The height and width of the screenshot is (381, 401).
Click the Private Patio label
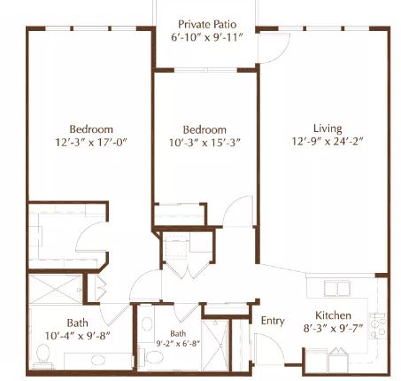[x=207, y=24]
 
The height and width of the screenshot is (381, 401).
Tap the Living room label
[x=328, y=128]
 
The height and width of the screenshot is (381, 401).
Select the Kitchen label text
[x=333, y=315]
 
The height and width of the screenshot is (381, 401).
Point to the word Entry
[x=273, y=321]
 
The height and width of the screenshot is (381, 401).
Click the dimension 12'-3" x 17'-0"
[x=91, y=143]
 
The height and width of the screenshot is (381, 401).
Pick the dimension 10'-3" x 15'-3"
[x=204, y=143]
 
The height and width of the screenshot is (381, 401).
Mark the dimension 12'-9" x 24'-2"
[x=328, y=142]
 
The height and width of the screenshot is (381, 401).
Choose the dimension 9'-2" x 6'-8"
[x=178, y=344]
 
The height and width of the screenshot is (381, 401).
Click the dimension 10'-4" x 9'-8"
[x=77, y=336]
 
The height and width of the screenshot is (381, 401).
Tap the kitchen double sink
[x=337, y=288]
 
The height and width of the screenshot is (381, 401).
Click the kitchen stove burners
[x=378, y=326]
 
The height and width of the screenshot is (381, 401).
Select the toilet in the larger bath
[x=43, y=356]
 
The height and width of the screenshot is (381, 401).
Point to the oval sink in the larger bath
[x=98, y=360]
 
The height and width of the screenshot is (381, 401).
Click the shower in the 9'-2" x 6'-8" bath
[x=216, y=345]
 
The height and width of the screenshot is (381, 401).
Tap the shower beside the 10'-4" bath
[x=55, y=289]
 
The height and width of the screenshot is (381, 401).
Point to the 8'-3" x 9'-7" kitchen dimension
[x=333, y=329]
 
